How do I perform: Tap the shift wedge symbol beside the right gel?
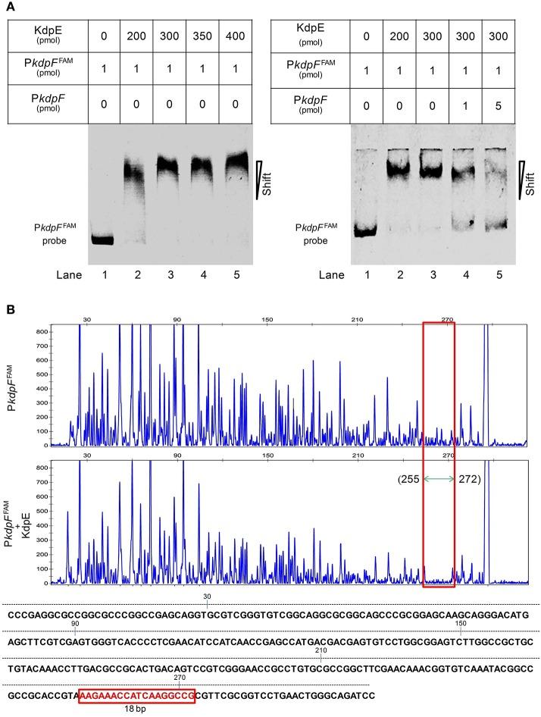click(x=522, y=179)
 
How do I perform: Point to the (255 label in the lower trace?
click(x=409, y=479)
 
